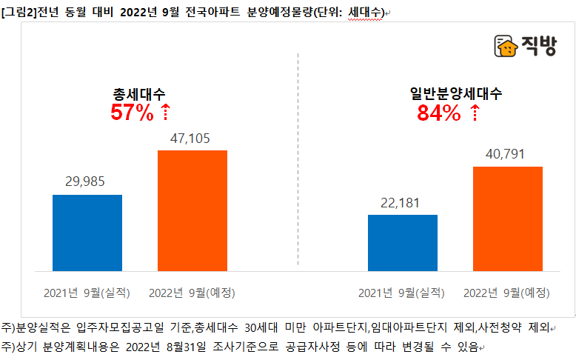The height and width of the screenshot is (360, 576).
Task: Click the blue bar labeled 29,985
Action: (x=87, y=232)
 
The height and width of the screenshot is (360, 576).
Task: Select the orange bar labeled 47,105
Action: (x=192, y=210)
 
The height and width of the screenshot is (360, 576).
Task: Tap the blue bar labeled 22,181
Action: (x=403, y=242)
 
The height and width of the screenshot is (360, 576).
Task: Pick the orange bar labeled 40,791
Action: (x=508, y=218)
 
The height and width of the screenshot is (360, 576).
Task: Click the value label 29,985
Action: (x=87, y=182)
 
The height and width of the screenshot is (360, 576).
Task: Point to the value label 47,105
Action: (x=192, y=138)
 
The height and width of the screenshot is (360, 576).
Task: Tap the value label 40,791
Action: (x=508, y=154)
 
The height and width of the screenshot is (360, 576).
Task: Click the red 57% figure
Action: (x=132, y=113)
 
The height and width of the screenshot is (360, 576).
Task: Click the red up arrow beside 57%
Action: (x=165, y=113)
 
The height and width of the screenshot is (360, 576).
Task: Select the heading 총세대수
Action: (x=139, y=94)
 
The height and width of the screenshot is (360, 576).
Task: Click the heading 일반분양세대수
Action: (x=456, y=94)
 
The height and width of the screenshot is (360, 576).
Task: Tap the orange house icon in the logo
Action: (x=506, y=47)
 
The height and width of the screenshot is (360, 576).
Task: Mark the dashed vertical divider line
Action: (x=298, y=156)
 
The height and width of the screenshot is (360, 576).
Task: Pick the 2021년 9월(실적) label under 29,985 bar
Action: (x=87, y=293)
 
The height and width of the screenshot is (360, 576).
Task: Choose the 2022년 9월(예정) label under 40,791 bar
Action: (x=508, y=293)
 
